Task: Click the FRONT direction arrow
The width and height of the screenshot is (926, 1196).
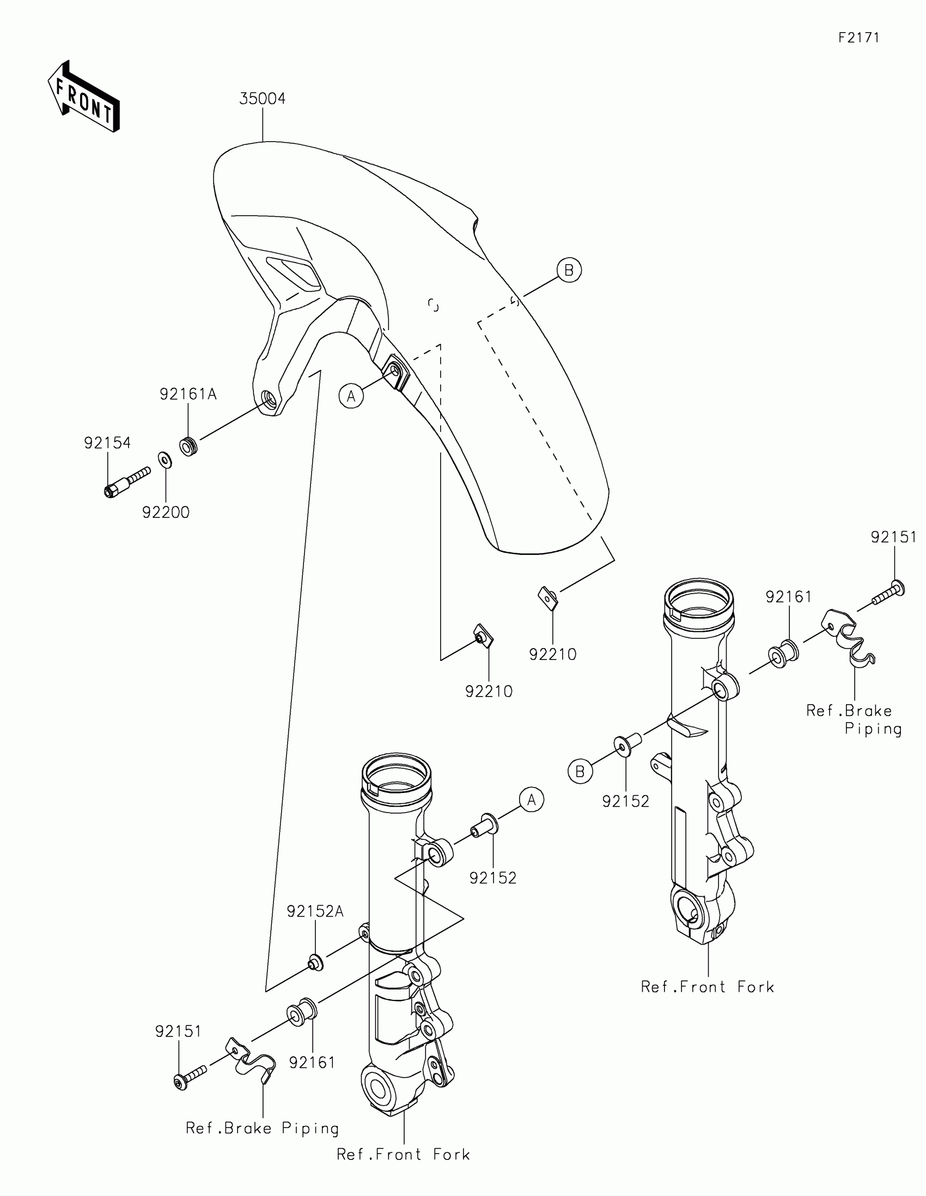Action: click(84, 97)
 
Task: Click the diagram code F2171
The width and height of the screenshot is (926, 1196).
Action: click(858, 38)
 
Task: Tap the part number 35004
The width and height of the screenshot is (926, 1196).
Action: click(263, 99)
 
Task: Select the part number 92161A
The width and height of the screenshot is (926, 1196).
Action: click(188, 394)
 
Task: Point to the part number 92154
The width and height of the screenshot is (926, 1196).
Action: click(107, 443)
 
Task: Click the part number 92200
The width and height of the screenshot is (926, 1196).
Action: click(166, 512)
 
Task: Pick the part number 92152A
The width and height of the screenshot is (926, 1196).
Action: click(315, 911)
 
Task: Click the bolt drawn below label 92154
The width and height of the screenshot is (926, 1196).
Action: click(126, 482)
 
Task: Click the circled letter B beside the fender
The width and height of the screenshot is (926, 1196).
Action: click(569, 270)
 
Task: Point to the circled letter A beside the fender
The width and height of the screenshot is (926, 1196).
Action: click(351, 395)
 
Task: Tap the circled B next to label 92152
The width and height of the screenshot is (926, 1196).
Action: click(580, 772)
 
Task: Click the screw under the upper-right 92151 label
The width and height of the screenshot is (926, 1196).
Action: click(888, 594)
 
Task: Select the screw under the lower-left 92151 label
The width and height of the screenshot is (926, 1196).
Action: click(189, 1077)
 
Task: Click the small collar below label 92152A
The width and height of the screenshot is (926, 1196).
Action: click(315, 963)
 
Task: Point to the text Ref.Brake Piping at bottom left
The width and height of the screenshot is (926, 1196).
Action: click(263, 1128)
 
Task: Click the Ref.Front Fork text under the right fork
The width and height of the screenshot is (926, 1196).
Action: click(708, 987)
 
